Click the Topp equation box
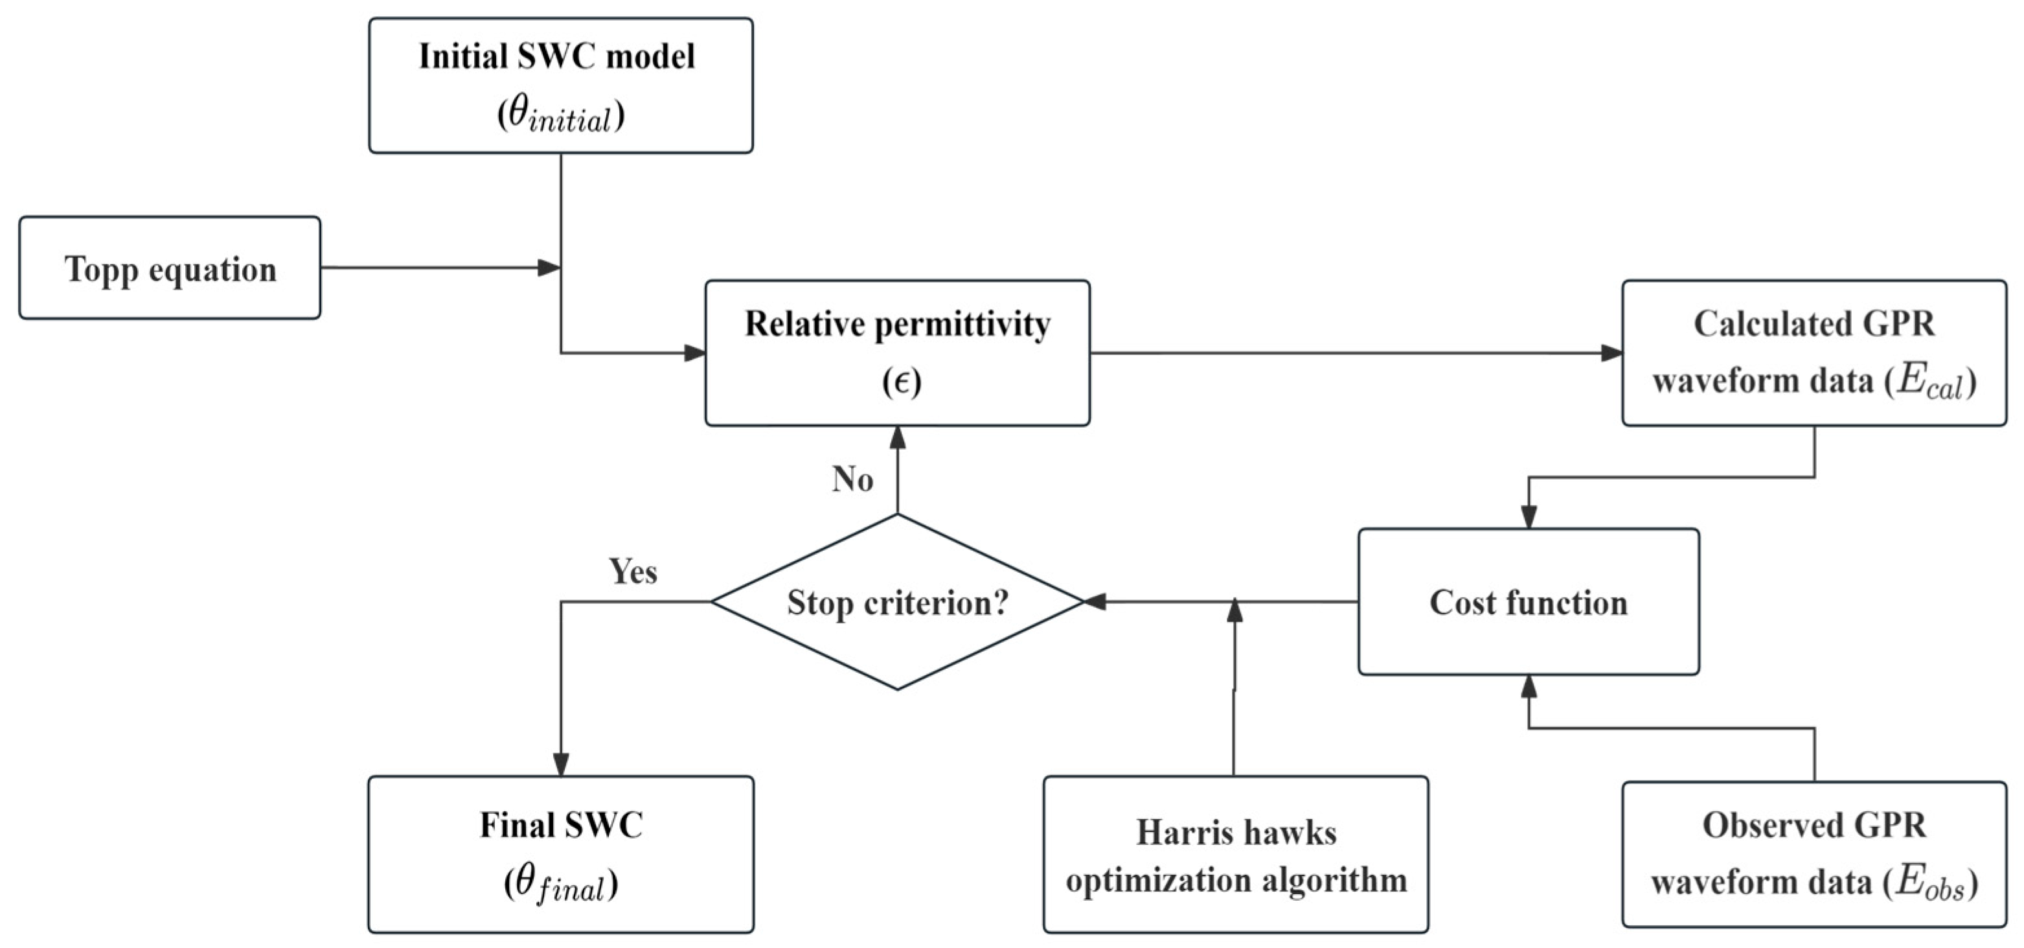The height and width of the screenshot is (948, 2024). (170, 268)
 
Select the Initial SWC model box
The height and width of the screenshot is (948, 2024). (560, 85)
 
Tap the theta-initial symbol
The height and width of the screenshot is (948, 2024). (560, 117)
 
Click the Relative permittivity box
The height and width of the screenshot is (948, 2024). (896, 353)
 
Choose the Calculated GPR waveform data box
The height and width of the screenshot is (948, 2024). (1814, 353)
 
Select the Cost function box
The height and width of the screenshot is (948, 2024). (1529, 602)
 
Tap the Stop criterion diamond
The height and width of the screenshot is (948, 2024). (896, 602)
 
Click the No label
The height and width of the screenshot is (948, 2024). (852, 479)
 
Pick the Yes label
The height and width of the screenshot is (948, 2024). (633, 572)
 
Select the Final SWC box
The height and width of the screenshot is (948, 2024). (560, 855)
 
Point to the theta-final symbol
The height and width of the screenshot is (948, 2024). (560, 885)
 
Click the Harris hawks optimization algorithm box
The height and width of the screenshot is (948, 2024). (1235, 855)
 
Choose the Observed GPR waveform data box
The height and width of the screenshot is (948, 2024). (1814, 855)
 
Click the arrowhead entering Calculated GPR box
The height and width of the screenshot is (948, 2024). (1611, 353)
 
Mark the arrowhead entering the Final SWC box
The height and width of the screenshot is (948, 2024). (560, 764)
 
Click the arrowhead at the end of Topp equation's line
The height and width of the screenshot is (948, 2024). (549, 268)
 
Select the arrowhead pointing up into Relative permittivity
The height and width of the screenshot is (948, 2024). (896, 439)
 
